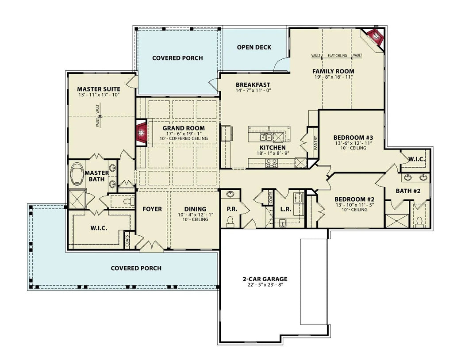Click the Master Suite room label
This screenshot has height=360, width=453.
pos(99,88)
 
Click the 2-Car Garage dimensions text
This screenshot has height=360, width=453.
pos(265,285)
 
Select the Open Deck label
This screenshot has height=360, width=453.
pos(254,47)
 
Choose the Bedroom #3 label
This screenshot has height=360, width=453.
pos(353,137)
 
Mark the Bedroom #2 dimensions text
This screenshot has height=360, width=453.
pos(354,205)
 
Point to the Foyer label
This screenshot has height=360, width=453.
pos(152,209)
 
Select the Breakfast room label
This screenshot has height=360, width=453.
pos(253,85)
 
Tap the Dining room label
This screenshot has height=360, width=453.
pos(195,209)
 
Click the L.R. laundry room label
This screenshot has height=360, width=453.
pos(285,209)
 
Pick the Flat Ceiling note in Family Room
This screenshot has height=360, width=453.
pos(337,56)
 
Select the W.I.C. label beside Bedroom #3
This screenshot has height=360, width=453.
pos(417,159)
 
